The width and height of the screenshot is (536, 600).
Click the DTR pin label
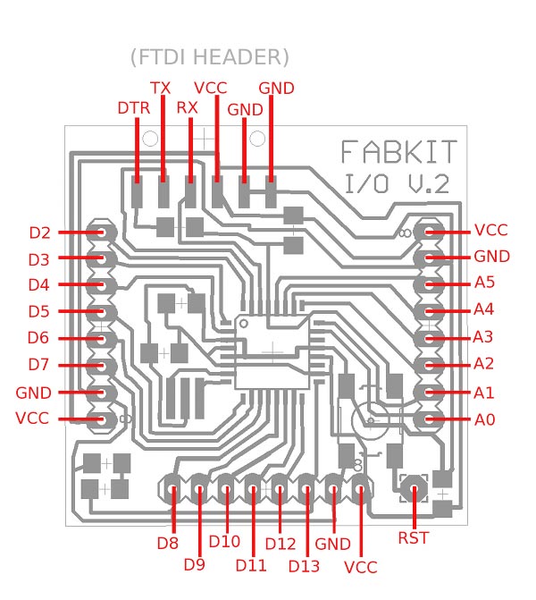pyautogui.click(x=133, y=108)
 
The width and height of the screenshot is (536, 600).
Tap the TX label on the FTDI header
pyautogui.click(x=160, y=88)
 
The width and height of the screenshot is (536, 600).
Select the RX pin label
pyautogui.click(x=187, y=108)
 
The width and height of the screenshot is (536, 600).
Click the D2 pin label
pyautogui.click(x=39, y=232)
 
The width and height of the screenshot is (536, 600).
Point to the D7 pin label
pyautogui.click(x=38, y=364)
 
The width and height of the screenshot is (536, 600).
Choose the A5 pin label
pyautogui.click(x=484, y=283)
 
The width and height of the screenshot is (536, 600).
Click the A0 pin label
pyautogui.click(x=484, y=419)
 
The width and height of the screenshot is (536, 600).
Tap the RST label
pyautogui.click(x=414, y=537)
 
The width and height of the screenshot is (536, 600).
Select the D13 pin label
pyautogui.click(x=304, y=566)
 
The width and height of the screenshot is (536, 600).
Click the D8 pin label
pyautogui.click(x=167, y=543)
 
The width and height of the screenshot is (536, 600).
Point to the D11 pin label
pyautogui.click(x=251, y=565)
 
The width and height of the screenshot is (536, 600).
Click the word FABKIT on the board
pyautogui.click(x=398, y=152)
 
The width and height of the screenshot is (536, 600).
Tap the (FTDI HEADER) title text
pyautogui.click(x=210, y=57)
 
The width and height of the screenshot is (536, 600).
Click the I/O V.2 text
pyautogui.click(x=397, y=183)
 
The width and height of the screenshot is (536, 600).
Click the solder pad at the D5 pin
pyautogui.click(x=101, y=312)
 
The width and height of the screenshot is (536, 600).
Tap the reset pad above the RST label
pyautogui.click(x=414, y=488)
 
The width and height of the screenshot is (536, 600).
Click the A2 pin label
pyautogui.click(x=483, y=364)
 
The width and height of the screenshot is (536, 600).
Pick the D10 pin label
pyautogui.click(x=224, y=541)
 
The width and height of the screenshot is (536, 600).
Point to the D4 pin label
pyautogui.click(x=38, y=284)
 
